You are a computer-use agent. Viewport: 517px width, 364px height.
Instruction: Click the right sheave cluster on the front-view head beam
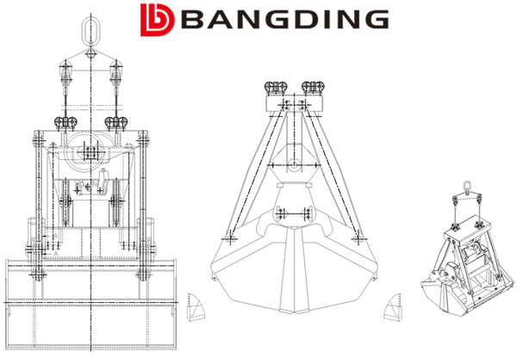[x=115, y=121]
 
